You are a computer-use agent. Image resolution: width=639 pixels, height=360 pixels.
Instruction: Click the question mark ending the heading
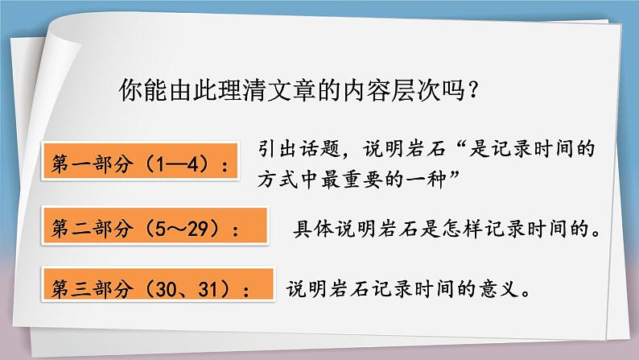[x=475, y=88]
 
